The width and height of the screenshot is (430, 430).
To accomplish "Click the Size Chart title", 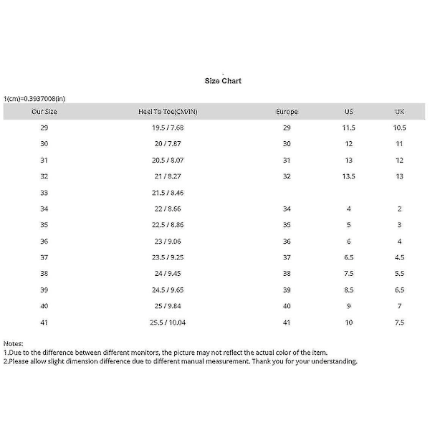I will (x=223, y=81).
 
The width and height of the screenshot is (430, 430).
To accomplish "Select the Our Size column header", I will (x=44, y=112).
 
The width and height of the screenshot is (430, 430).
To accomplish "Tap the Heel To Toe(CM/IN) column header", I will (x=168, y=112).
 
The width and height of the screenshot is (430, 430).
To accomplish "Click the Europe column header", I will (x=287, y=112).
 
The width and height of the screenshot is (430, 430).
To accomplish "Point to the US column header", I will (x=349, y=112).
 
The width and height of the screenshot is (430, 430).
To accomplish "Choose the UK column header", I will (x=400, y=112).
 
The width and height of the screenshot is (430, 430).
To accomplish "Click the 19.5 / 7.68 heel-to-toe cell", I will (x=168, y=128).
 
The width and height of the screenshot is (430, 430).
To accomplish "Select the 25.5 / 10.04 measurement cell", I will (x=168, y=322).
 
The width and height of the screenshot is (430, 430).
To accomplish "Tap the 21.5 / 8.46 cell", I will (x=168, y=193).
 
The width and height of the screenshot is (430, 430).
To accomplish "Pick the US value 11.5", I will (x=349, y=128).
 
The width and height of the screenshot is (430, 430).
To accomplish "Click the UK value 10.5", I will (x=400, y=128).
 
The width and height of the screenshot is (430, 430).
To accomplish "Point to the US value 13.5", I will (x=349, y=176).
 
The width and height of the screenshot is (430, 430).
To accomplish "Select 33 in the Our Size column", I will (x=44, y=193).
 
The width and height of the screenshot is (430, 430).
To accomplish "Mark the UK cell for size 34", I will (x=400, y=209).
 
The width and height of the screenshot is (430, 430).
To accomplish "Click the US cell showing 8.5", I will (x=349, y=290).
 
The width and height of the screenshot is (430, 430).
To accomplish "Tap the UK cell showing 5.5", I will (x=400, y=274).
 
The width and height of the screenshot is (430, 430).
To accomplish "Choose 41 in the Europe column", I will (x=287, y=322).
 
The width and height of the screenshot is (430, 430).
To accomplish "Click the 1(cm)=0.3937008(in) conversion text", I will (x=34, y=98).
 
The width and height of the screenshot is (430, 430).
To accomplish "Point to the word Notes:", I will (x=14, y=344).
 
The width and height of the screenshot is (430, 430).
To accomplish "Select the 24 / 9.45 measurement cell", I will (x=168, y=274).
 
